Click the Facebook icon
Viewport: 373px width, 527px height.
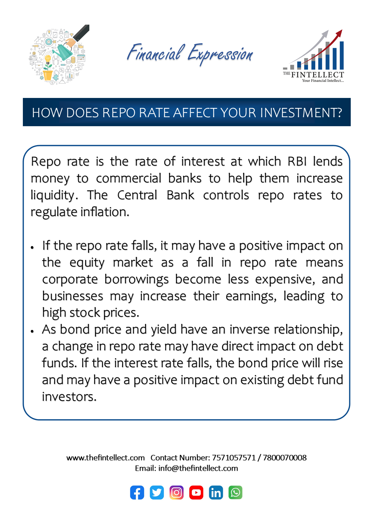[137, 492]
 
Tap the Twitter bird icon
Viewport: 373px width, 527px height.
[157, 492]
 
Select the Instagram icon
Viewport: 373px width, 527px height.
[177, 492]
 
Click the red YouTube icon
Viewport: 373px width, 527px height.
[196, 492]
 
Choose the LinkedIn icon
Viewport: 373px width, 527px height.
[216, 492]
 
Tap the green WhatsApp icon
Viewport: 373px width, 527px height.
[236, 492]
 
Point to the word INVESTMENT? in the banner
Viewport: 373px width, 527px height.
[301, 113]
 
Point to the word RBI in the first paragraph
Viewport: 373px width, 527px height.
[297, 162]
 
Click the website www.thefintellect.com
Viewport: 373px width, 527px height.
[106, 458]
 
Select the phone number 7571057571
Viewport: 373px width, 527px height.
[234, 458]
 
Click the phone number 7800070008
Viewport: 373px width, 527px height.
[285, 458]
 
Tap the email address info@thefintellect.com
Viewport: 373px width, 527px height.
[198, 468]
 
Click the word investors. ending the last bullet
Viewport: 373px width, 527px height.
[69, 397]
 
